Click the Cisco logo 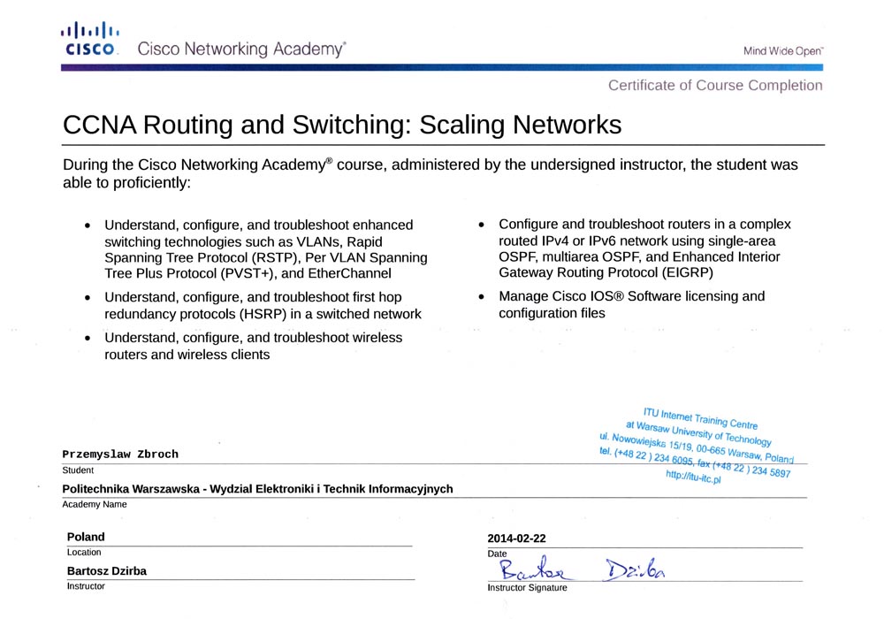(x=91, y=40)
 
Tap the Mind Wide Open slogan (x=782, y=51)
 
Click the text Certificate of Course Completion (x=714, y=86)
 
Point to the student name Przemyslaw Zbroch (x=120, y=455)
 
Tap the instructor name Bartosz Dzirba (x=107, y=571)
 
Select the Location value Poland (x=86, y=537)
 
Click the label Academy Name (x=95, y=505)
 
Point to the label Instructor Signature (x=527, y=588)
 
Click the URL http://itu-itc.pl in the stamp (x=694, y=478)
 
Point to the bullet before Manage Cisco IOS (x=481, y=297)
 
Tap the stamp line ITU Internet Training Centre (x=699, y=417)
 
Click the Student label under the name (x=78, y=470)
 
